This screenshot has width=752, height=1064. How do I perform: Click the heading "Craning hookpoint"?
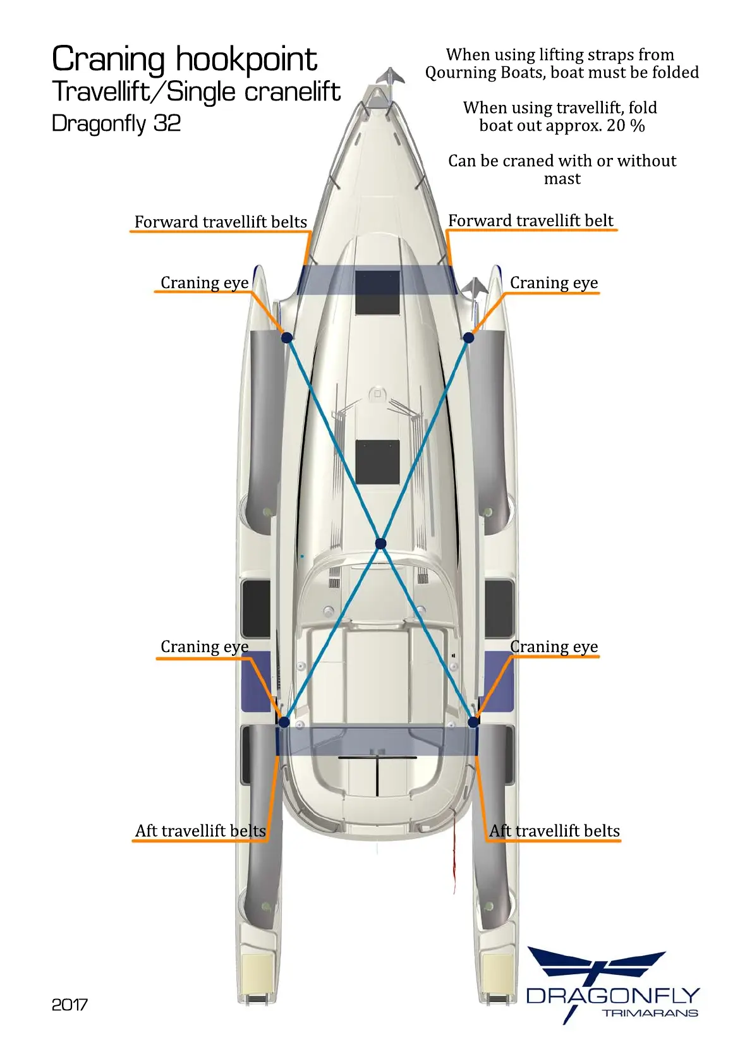(184, 59)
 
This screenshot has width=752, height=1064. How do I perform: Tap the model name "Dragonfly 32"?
(116, 123)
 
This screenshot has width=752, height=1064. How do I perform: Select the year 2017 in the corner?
(70, 1005)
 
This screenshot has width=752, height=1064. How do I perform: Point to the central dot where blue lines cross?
(380, 543)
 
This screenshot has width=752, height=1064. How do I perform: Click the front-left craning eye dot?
(287, 337)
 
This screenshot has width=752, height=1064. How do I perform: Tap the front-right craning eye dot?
(468, 337)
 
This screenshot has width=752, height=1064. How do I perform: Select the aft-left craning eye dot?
(284, 722)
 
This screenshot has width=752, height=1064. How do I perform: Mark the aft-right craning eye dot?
(473, 722)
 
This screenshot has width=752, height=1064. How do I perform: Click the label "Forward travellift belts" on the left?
(221, 222)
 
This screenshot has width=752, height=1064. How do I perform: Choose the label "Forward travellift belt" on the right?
(531, 221)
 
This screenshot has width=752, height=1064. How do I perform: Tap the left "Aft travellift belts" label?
(200, 830)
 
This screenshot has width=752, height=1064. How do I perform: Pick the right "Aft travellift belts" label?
(555, 830)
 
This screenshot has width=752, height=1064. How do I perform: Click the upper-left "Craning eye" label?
(204, 282)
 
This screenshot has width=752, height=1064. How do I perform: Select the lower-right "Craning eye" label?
(554, 646)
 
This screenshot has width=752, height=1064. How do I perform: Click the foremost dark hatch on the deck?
(377, 293)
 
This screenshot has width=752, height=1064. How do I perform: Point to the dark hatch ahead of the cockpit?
(377, 462)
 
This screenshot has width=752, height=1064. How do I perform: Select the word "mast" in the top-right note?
(562, 179)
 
